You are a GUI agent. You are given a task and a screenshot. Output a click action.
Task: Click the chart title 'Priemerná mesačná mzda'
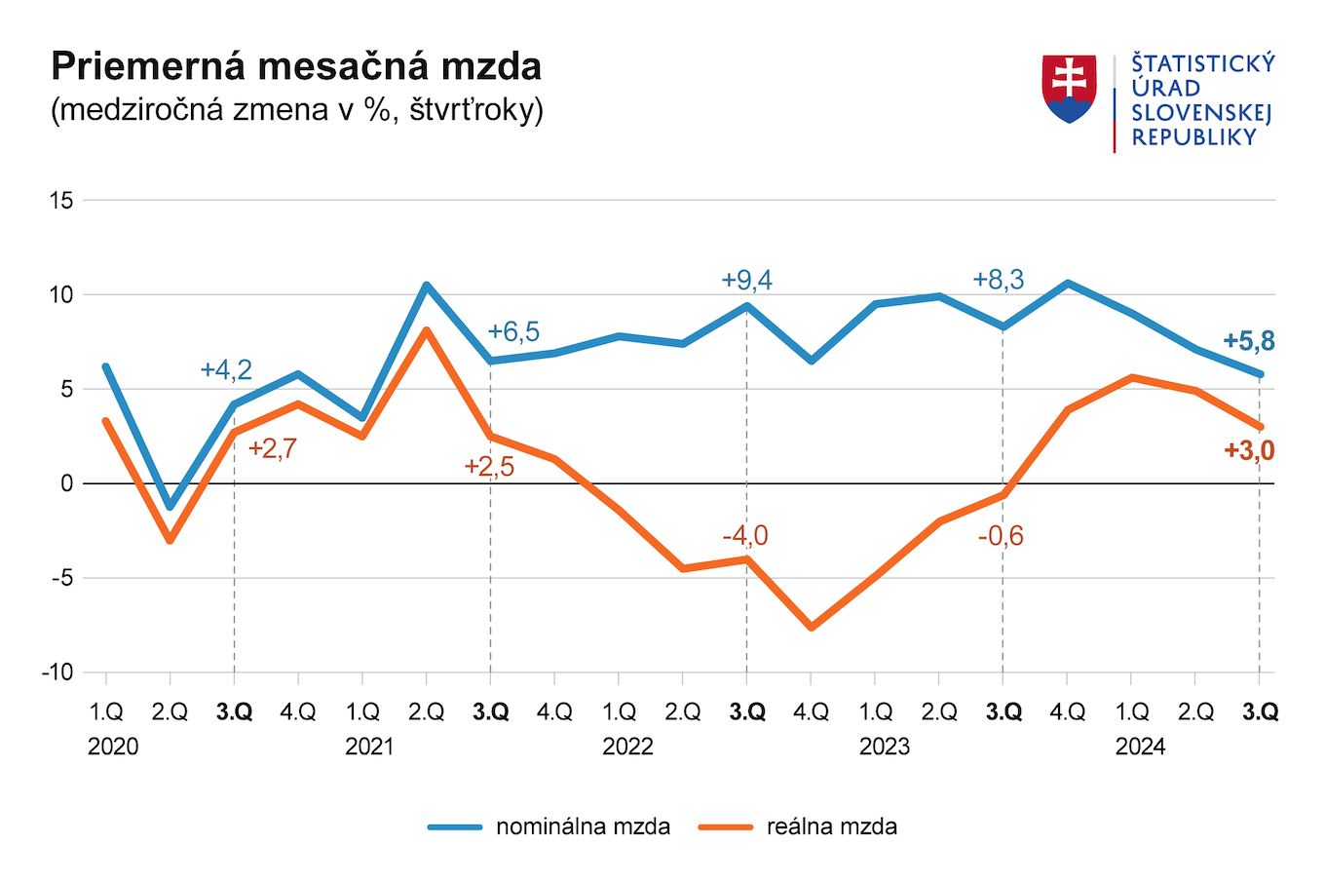point(296,66)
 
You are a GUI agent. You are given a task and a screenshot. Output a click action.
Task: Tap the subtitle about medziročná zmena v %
point(296,109)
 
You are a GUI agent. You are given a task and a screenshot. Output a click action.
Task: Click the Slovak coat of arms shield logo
point(1069,89)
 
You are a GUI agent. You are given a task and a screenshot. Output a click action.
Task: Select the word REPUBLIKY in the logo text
point(1194,137)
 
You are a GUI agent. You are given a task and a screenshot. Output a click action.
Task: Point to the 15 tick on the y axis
point(61,201)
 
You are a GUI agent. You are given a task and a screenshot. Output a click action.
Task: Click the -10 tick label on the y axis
point(57,672)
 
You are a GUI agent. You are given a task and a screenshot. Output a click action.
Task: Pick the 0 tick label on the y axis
point(66,483)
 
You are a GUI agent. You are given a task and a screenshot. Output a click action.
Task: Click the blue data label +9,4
point(746,281)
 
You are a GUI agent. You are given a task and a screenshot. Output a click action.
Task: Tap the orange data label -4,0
point(745,536)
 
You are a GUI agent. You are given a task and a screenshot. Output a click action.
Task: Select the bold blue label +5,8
point(1248,341)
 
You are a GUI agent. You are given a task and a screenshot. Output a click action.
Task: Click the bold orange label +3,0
point(1248,450)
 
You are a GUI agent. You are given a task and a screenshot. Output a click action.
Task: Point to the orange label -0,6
point(1001,536)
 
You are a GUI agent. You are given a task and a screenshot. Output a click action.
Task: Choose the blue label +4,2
point(226,370)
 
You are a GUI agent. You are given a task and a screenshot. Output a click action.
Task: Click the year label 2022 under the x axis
point(627,747)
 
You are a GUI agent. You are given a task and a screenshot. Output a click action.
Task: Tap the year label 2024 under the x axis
point(1140,747)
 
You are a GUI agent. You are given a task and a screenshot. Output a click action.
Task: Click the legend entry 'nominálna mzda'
point(583,826)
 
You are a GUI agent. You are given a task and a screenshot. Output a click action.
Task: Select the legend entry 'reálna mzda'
point(831,826)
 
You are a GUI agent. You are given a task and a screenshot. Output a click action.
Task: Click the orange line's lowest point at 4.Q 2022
point(812,627)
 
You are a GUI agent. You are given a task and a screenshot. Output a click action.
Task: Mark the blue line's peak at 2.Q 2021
point(427,286)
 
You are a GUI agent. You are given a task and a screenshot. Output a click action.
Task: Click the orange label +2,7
point(273,449)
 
